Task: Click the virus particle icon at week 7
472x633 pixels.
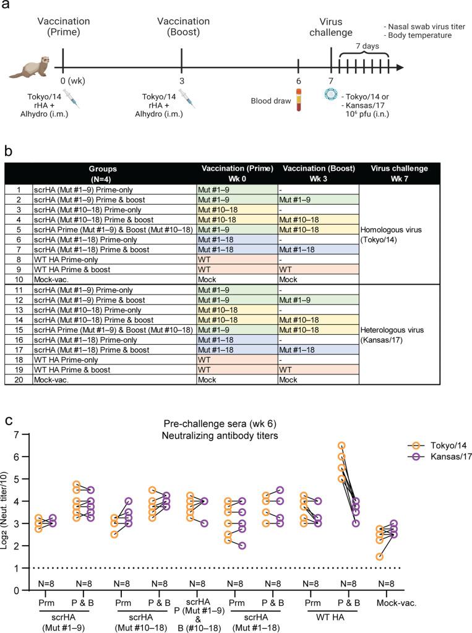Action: pos(329,93)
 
